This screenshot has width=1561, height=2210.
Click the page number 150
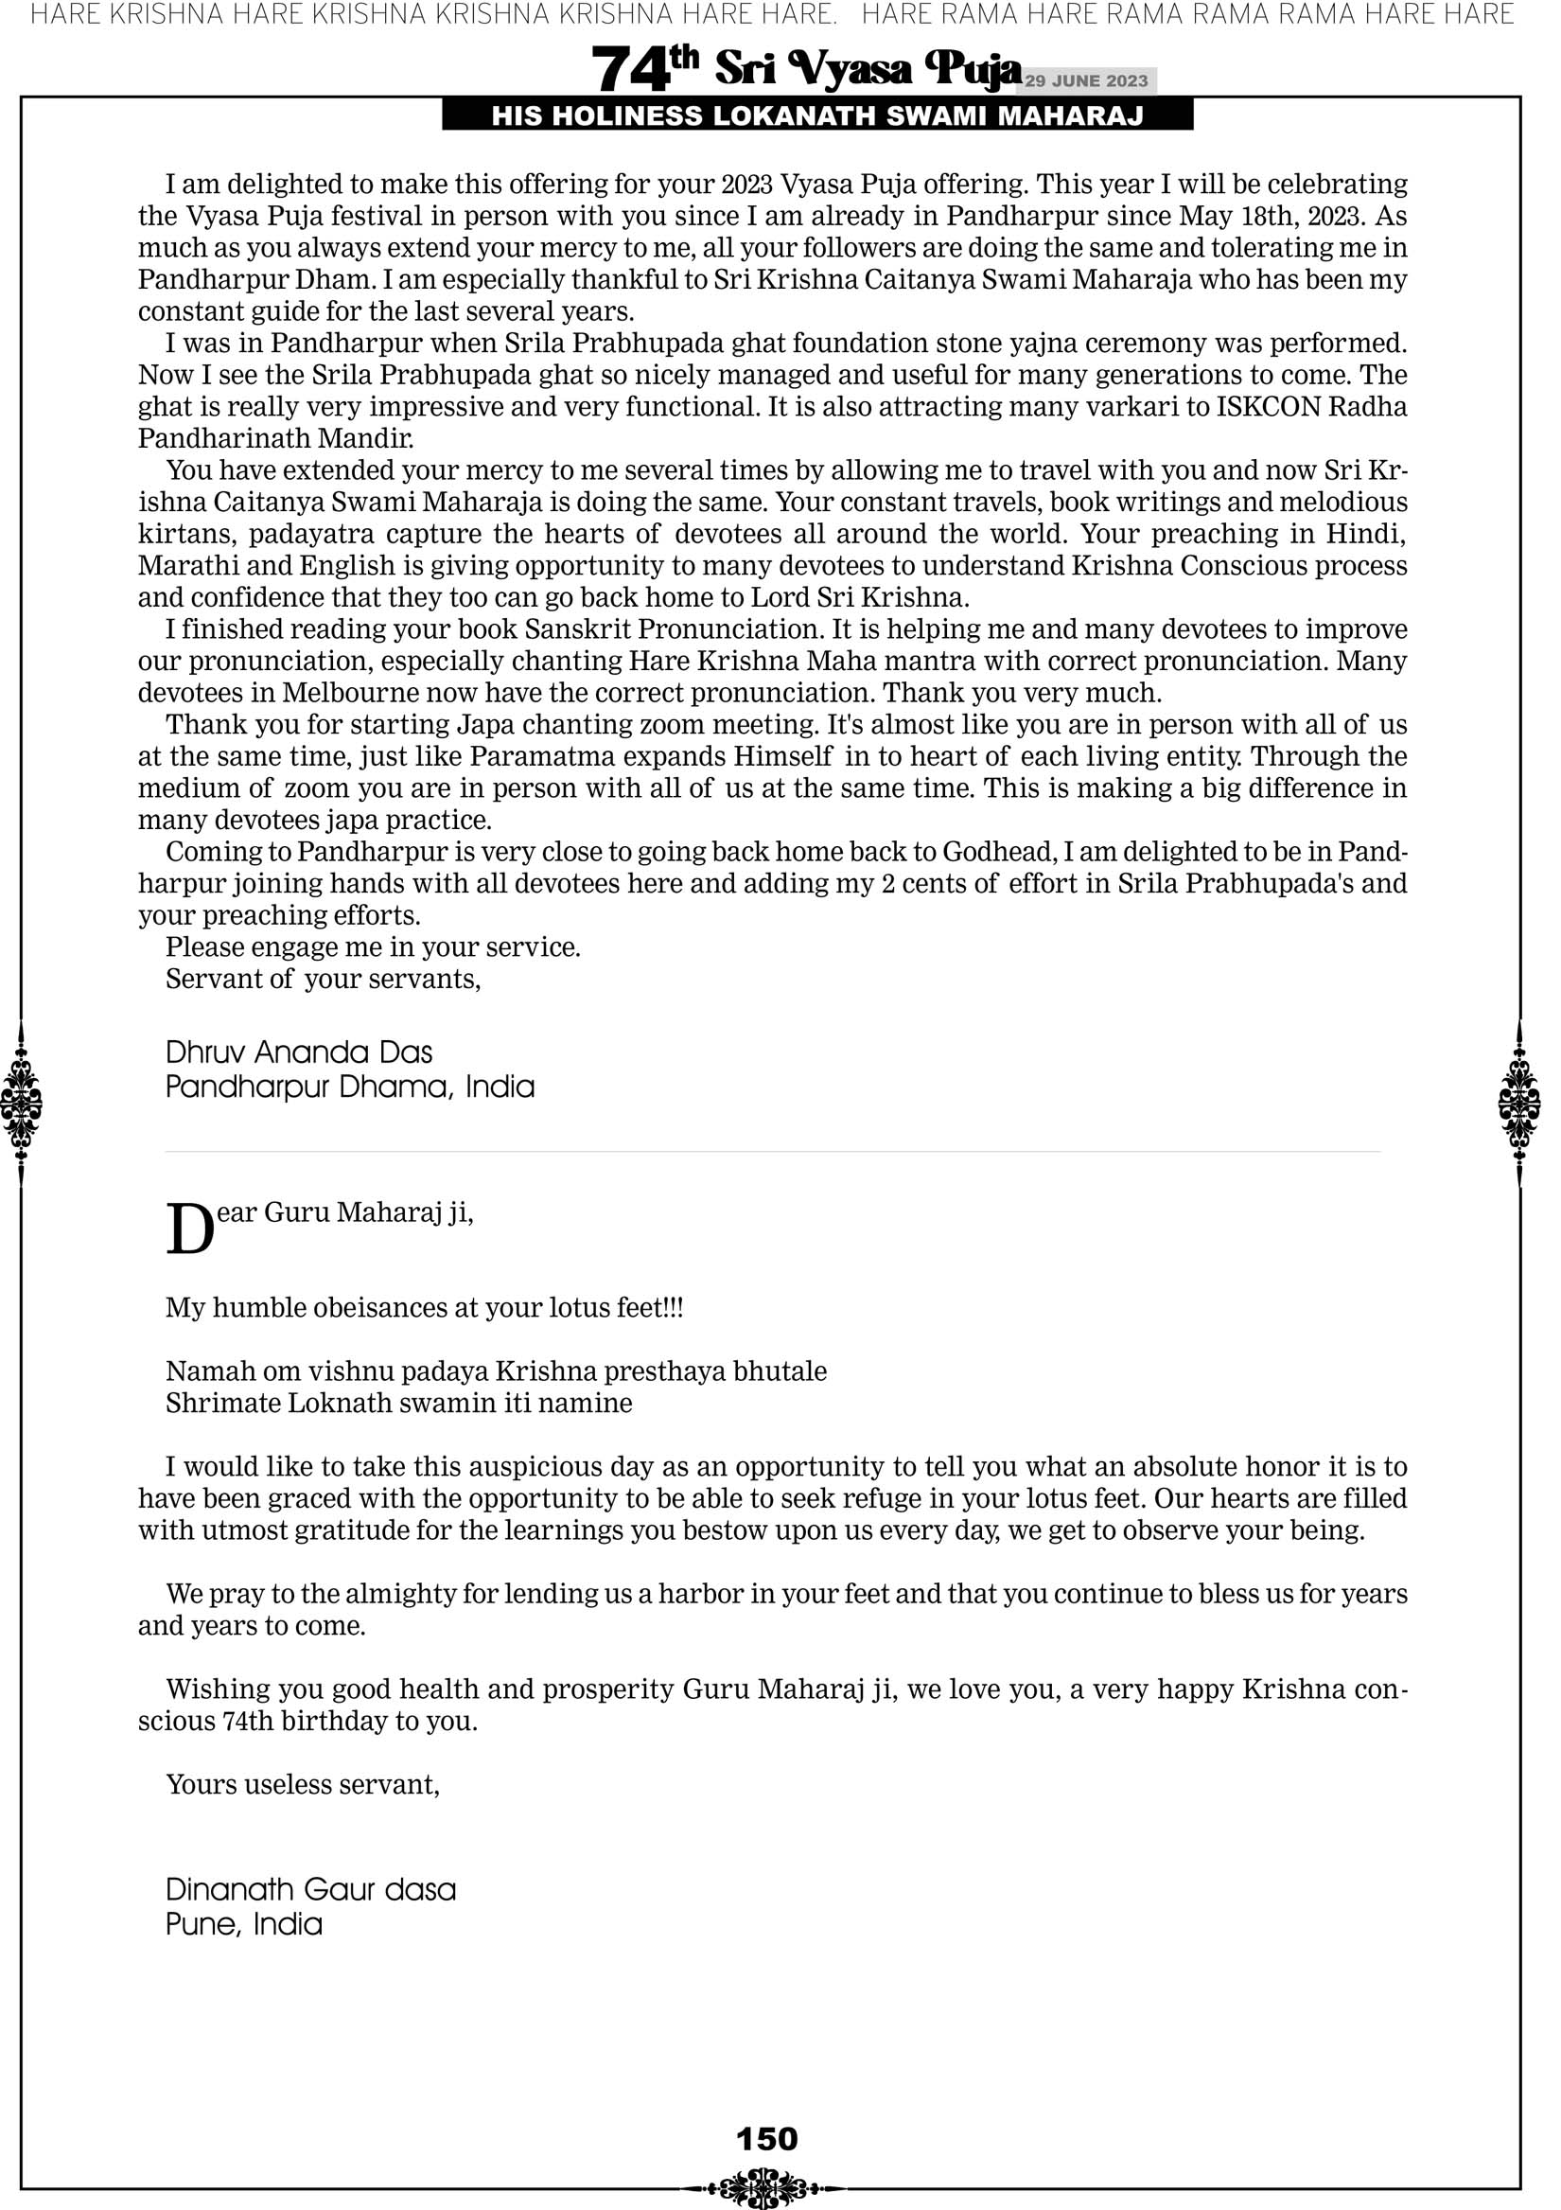(767, 2139)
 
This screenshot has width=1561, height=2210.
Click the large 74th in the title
(644, 69)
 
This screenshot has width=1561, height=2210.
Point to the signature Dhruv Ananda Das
(299, 1052)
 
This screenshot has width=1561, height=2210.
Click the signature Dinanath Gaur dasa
(311, 1889)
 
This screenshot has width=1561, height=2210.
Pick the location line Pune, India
(243, 1924)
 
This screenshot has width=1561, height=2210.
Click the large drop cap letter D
(189, 1230)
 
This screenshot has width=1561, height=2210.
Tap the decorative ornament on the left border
(21, 1103)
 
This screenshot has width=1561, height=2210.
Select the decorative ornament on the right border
(1519, 1103)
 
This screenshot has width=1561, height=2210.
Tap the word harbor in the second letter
(703, 1594)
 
